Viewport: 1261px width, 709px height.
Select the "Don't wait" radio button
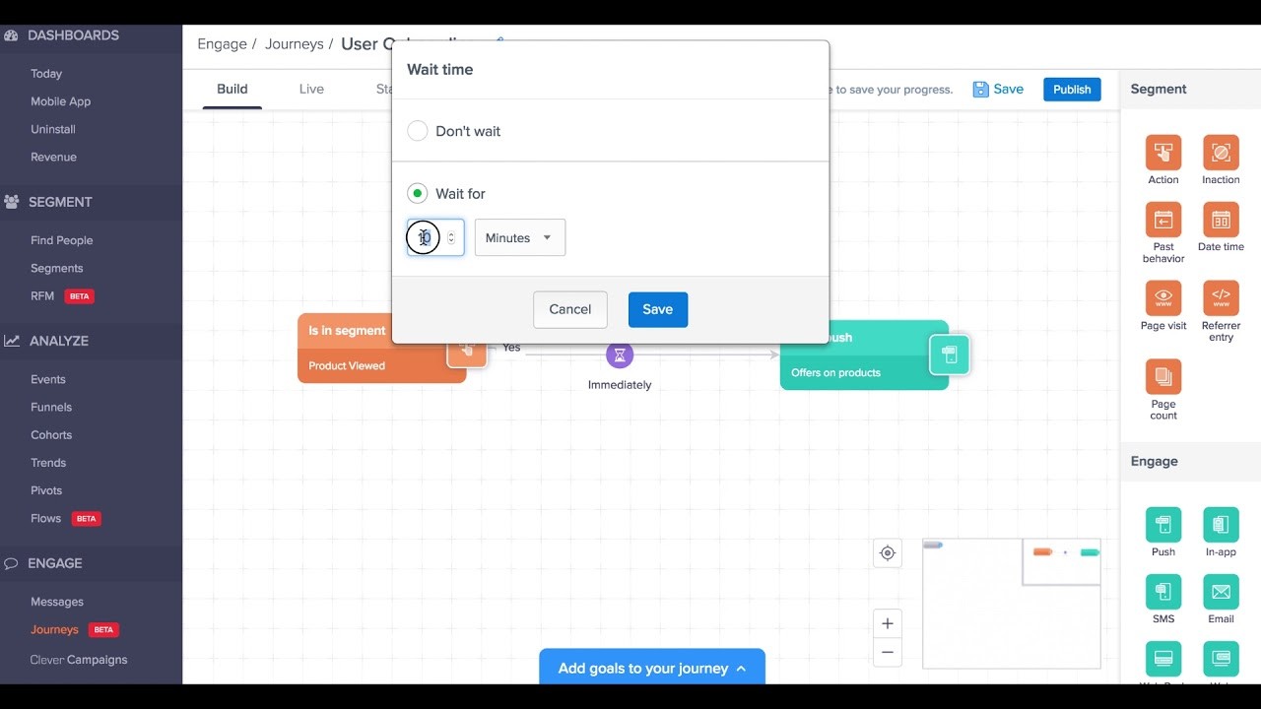418,131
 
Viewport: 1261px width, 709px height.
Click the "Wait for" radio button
418,194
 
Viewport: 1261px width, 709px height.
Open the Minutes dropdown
520,237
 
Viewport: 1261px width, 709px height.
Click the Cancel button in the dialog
570,309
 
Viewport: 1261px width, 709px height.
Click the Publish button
1072,89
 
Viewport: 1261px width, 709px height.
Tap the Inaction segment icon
1221,153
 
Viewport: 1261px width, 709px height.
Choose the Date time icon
1221,220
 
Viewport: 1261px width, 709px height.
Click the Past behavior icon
1163,220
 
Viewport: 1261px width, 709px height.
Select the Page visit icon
1163,297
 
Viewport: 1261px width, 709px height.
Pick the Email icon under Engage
1221,592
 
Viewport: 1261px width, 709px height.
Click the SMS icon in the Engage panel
1163,592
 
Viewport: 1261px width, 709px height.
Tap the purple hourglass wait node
620,354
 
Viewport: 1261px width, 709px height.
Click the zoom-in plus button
888,623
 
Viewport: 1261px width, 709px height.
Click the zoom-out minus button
888,652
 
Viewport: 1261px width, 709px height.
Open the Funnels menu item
51,407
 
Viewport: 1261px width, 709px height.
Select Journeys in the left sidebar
54,629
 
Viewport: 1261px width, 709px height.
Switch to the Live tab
311,89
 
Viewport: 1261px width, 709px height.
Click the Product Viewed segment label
347,365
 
